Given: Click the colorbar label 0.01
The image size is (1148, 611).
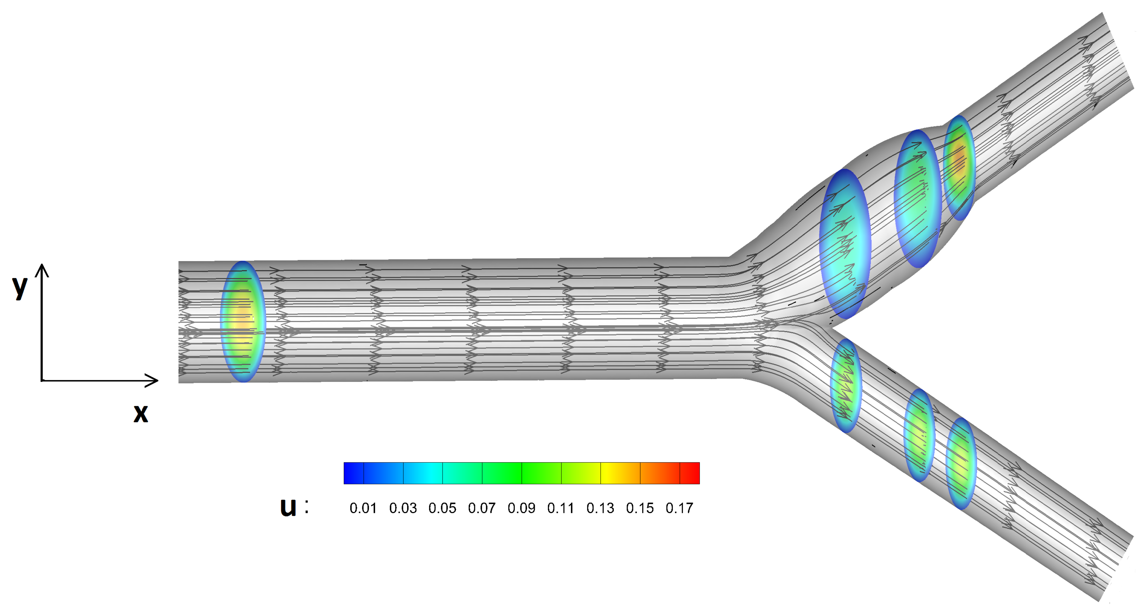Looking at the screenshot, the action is tap(363, 508).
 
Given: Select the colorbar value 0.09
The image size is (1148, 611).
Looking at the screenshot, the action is tap(521, 508).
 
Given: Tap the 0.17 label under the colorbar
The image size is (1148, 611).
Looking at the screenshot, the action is tap(679, 508).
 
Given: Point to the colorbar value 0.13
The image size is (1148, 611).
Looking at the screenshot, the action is tap(600, 508).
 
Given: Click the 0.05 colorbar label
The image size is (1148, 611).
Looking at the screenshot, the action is tap(442, 508).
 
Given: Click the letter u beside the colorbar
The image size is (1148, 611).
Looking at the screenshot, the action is tap(288, 508).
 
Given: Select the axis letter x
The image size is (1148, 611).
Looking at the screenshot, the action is tap(140, 413).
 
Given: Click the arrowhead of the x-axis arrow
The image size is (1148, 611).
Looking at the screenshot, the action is tap(154, 380).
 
